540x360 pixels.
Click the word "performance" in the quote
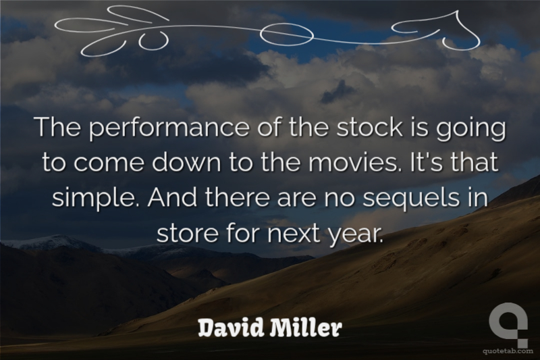pyautogui.click(x=169, y=128)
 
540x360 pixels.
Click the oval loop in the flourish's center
pyautogui.click(x=286, y=34)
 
